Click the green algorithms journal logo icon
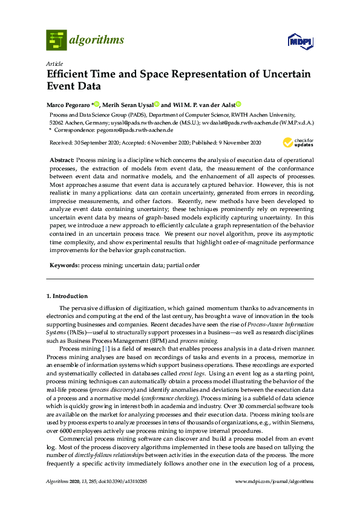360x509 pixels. (x=56, y=41)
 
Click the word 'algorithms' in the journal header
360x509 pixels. (x=97, y=41)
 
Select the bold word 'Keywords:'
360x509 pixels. (x=64, y=265)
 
